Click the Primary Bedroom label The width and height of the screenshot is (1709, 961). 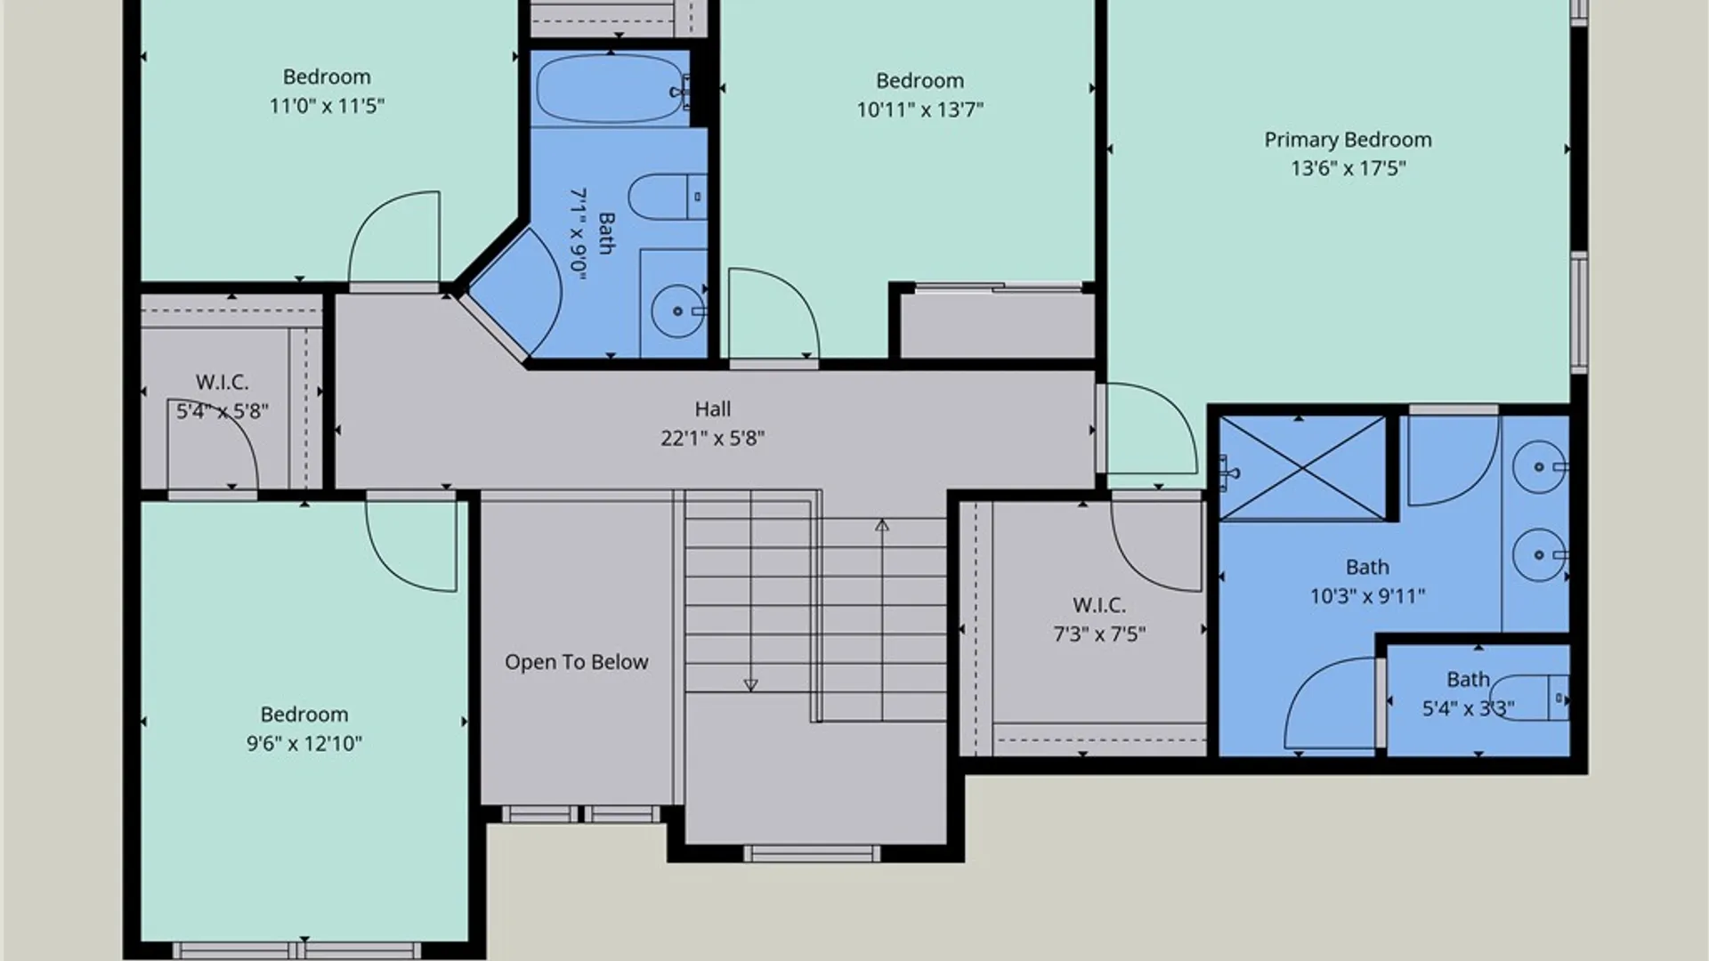(x=1348, y=140)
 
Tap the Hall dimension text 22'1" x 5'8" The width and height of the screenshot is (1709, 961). (x=712, y=438)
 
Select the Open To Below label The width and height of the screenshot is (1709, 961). (x=576, y=662)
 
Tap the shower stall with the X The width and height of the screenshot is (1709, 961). (x=1303, y=468)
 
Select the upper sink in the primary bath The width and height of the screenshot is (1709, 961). (x=1540, y=466)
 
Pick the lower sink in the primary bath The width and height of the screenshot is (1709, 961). (x=1540, y=554)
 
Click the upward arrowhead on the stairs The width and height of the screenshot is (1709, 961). (x=882, y=525)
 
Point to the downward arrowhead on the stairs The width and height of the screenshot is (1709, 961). (x=750, y=685)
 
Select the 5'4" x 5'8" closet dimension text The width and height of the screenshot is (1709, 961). (x=223, y=411)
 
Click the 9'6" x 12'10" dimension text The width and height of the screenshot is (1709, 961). (x=304, y=743)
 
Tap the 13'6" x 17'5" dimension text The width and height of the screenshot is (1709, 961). (x=1349, y=168)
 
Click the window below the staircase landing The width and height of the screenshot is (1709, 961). (x=811, y=854)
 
